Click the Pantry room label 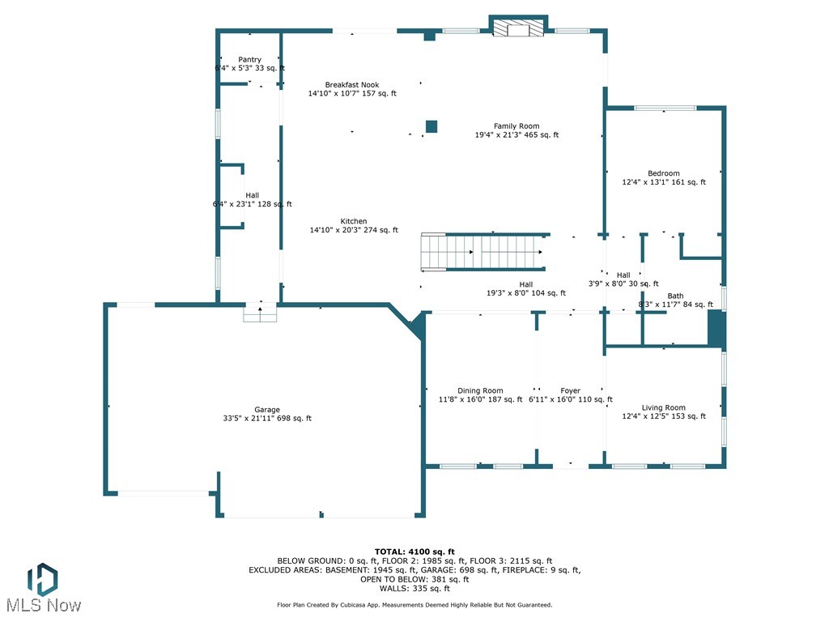pos(249,60)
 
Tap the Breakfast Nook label pos(352,85)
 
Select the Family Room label pos(517,126)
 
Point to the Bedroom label pos(663,173)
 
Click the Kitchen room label pos(354,221)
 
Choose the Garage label pos(267,410)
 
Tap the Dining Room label pos(480,390)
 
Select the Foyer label pos(570,390)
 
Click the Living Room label pos(663,407)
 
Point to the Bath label pos(675,296)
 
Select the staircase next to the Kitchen pos(483,252)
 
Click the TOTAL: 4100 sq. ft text pos(414,552)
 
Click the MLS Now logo pos(43,588)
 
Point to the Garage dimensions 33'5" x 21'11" pos(267,419)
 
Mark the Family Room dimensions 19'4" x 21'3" pos(517,135)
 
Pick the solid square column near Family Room pos(432,126)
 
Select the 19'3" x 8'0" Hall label pos(526,293)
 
